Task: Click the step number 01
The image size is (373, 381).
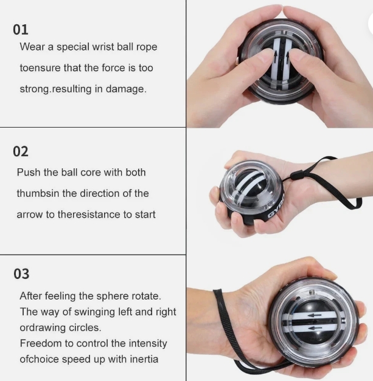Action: point(21,30)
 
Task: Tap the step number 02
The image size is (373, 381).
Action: point(21,151)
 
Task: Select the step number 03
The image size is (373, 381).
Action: point(21,274)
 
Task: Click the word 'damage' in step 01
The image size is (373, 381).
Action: point(126,89)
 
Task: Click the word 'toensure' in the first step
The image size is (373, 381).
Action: point(40,68)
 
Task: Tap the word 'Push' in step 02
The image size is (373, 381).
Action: point(29,173)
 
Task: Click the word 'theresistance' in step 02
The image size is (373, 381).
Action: point(89,215)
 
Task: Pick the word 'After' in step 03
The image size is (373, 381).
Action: point(31,296)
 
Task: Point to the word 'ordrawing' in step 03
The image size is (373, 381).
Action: point(43,328)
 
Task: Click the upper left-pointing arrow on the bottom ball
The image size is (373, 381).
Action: point(315,315)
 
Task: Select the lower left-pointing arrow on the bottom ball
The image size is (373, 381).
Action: point(315,328)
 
